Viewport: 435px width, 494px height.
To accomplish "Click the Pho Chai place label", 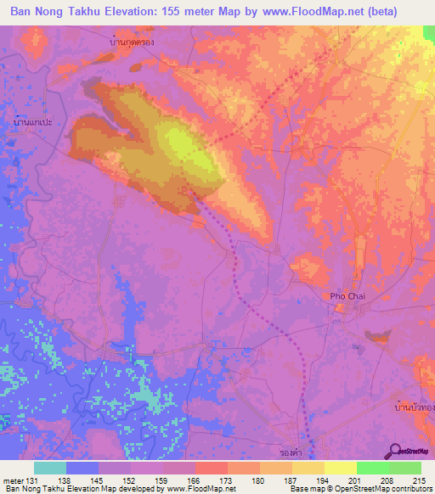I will [x=347, y=295].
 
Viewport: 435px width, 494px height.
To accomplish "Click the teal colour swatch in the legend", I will [x=50, y=469].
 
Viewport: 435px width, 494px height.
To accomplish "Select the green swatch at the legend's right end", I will [x=404, y=469].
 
